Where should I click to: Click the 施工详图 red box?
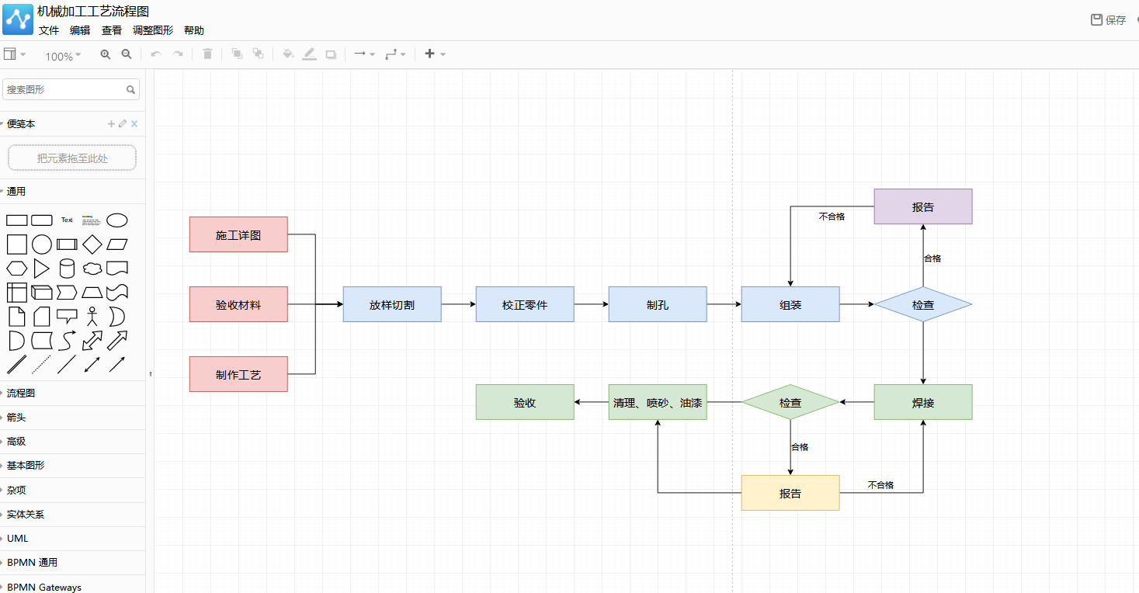pos(238,234)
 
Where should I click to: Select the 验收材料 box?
pos(238,304)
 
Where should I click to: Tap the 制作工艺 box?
pos(238,374)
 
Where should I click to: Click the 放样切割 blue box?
pos(392,304)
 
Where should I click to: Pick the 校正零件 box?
pos(525,304)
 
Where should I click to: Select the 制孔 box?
pos(658,304)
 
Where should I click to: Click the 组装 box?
pos(790,304)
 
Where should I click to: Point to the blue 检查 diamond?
pos(923,304)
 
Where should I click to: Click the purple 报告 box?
pos(923,206)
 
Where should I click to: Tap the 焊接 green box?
pos(923,402)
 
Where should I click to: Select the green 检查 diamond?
pos(790,402)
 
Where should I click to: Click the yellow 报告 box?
pos(790,493)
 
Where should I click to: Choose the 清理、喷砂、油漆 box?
pos(658,402)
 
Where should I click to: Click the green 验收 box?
pos(525,402)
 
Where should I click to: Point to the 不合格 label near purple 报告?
pos(832,217)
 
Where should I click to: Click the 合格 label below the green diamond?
pos(800,447)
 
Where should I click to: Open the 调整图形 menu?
pos(152,30)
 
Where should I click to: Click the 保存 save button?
pos(1109,20)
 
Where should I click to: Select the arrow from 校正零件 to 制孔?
pos(592,304)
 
